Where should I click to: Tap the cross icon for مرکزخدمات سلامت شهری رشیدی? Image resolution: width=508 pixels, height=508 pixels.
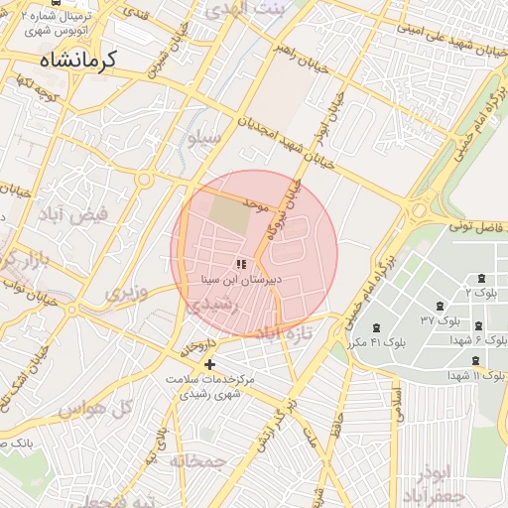coord(208,364)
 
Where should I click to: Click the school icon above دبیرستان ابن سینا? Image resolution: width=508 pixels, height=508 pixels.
coord(240,263)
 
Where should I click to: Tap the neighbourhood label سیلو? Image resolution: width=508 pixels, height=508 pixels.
coord(204,139)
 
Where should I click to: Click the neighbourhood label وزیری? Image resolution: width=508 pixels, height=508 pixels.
coord(127,293)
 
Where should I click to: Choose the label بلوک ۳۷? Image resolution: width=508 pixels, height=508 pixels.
coord(441,320)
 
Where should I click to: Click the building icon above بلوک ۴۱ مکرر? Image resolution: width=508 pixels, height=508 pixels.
coord(376,327)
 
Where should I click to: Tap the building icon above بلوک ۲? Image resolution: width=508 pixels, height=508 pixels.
coord(482,279)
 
